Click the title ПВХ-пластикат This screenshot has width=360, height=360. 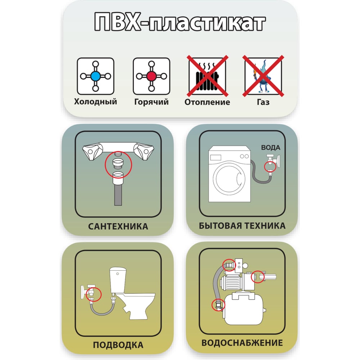tap(180, 22)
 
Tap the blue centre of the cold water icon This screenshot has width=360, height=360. tap(95, 76)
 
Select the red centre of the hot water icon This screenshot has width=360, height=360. tap(152, 76)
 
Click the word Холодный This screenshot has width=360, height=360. tap(95, 102)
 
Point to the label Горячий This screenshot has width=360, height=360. tap(152, 102)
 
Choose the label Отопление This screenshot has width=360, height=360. tap(207, 102)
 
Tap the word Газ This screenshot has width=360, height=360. tap(263, 102)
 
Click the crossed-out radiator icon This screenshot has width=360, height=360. tap(207, 76)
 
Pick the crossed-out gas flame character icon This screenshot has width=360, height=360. tap(263, 76)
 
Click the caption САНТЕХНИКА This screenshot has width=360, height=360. tap(118, 226)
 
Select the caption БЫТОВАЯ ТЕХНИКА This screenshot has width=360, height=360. tap(242, 226)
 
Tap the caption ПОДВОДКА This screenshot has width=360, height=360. tap(118, 345)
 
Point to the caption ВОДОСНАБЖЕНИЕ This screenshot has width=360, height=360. tap(242, 343)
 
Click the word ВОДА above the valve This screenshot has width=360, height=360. tap(271, 148)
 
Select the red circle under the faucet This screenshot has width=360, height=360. tap(118, 165)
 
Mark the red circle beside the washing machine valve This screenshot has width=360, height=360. tap(270, 166)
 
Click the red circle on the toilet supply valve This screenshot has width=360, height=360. tap(94, 294)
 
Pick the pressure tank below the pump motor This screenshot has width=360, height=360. tap(245, 309)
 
